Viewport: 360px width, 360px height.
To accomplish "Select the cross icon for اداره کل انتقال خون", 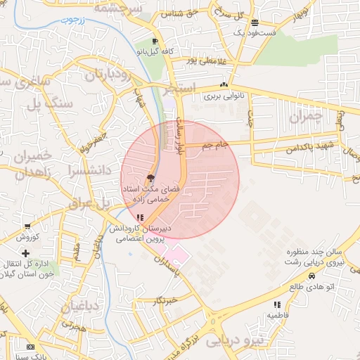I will (x=26, y=252).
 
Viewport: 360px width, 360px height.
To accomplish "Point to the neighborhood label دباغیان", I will (x=84, y=307).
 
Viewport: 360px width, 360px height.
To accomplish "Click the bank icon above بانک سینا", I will (x=30, y=347).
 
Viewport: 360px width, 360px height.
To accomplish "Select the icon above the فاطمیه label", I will (x=277, y=304).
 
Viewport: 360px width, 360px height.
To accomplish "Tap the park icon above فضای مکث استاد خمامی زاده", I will (x=150, y=178).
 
